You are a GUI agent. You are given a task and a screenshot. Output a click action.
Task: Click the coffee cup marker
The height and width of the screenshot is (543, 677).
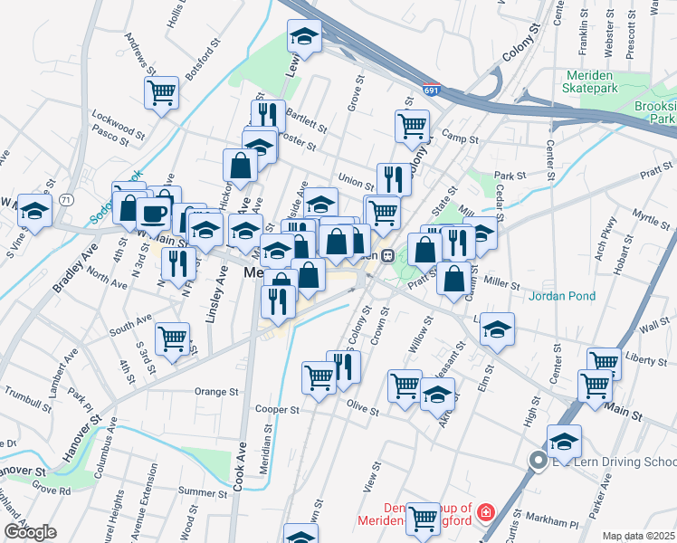tap(153, 214)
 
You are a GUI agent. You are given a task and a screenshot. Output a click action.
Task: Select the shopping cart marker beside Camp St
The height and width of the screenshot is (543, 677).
tap(412, 125)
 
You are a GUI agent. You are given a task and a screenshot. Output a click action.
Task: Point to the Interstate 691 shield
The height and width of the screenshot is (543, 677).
tap(433, 90)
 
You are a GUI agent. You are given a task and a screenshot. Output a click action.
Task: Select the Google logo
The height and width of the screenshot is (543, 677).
tap(30, 532)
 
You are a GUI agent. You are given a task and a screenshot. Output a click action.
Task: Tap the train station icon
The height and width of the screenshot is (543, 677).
tap(387, 255)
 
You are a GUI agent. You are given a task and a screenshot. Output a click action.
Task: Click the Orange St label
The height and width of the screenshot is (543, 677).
tap(216, 392)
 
